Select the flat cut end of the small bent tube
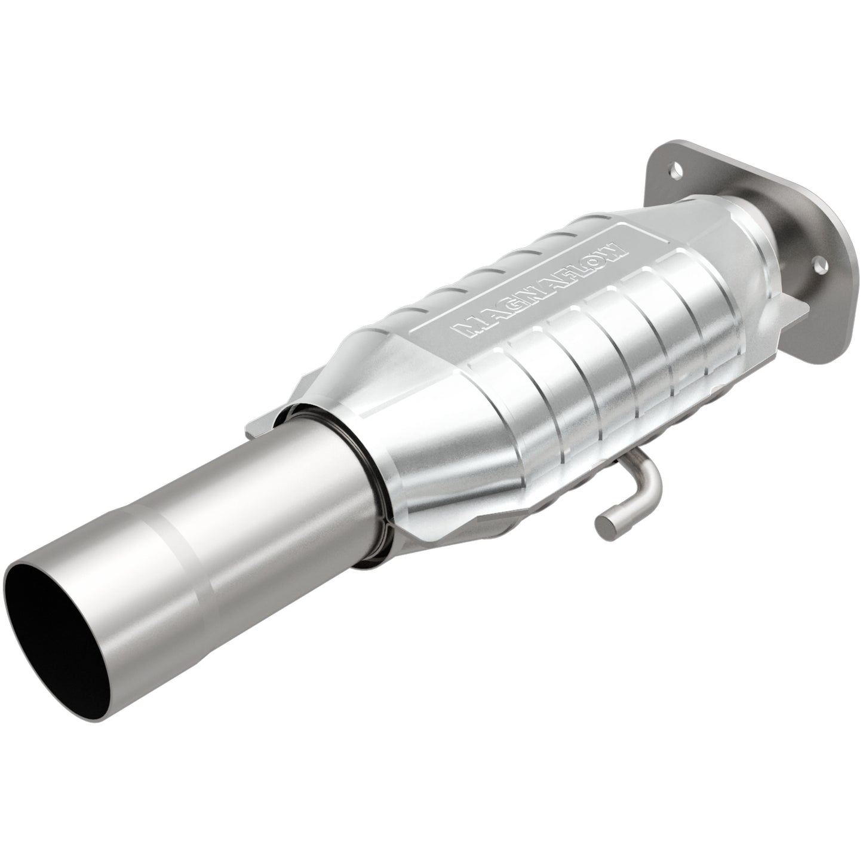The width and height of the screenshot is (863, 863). [604, 526]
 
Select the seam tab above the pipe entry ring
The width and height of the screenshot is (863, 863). [263, 421]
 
